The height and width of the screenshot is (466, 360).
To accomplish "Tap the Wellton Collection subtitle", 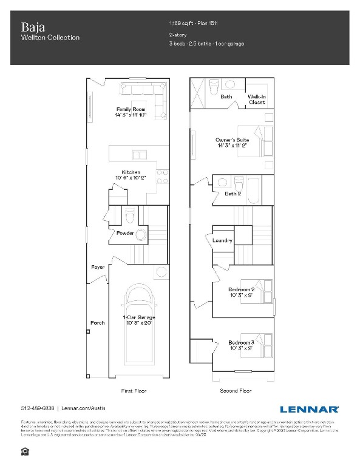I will [50, 38].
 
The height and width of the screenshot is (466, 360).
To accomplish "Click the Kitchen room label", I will [131, 172].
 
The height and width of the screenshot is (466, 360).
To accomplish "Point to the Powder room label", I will [125, 233].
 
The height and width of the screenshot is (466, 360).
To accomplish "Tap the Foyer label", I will [98, 268].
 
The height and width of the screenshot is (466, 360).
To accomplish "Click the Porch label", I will [97, 323].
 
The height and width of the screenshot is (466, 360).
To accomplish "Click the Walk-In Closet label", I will [257, 100].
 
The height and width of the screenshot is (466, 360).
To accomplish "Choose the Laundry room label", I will [223, 240].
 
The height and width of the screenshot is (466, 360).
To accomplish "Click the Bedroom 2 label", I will [242, 289].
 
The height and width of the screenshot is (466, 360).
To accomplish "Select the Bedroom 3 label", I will [242, 343].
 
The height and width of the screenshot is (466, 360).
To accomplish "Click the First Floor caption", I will [134, 391].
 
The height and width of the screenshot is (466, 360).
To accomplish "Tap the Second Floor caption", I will [236, 391].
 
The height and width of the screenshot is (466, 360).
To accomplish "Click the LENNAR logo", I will [310, 408].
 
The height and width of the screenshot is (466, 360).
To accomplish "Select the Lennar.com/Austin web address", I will [82, 408].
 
